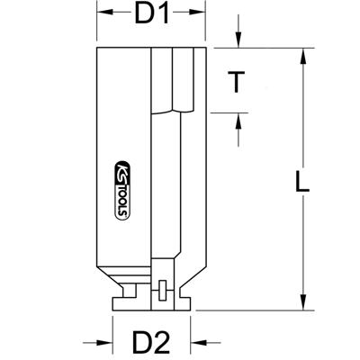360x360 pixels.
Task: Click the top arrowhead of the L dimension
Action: coord(302,52)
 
